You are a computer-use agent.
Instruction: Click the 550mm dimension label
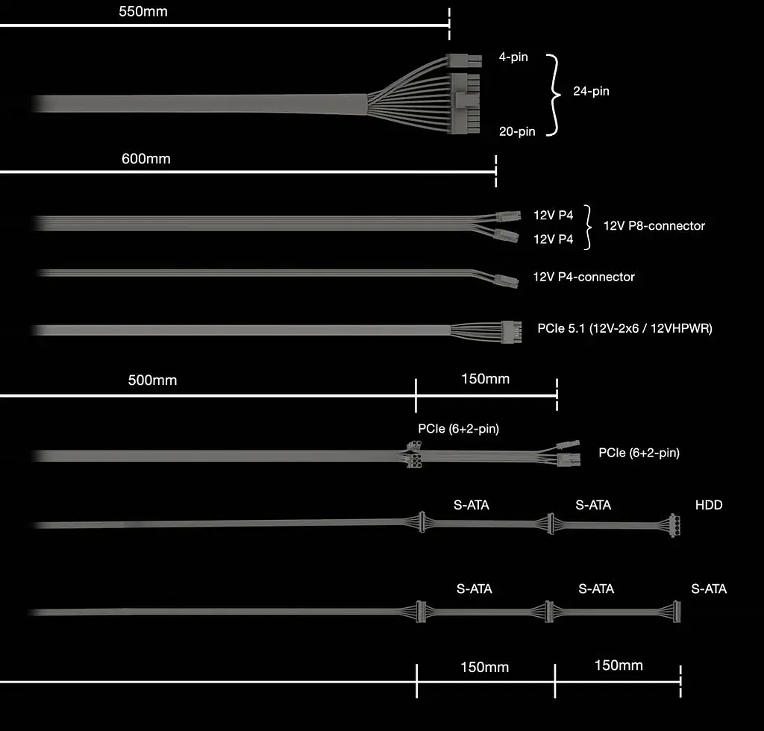(143, 11)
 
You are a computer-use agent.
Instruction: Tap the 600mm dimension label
(145, 159)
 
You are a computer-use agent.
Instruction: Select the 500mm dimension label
(152, 380)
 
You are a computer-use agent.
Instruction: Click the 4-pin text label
(513, 57)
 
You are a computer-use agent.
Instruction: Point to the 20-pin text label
(517, 131)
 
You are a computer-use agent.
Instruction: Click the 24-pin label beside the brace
(591, 91)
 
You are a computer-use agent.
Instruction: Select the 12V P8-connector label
(654, 225)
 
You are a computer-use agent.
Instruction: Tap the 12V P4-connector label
(583, 277)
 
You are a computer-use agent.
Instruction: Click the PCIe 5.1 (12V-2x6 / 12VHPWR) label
(624, 329)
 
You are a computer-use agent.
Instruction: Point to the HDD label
(709, 505)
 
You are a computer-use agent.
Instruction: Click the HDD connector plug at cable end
(674, 525)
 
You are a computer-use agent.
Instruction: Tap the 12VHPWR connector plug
(512, 332)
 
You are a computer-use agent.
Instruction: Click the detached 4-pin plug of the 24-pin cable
(464, 61)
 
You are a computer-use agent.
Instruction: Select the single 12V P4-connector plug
(506, 281)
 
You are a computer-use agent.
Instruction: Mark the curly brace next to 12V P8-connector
(589, 227)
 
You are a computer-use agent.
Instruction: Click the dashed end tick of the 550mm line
(449, 23)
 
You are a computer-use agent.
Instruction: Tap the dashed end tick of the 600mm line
(495, 172)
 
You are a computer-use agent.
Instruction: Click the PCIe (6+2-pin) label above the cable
(459, 429)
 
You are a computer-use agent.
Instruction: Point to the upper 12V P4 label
(553, 216)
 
